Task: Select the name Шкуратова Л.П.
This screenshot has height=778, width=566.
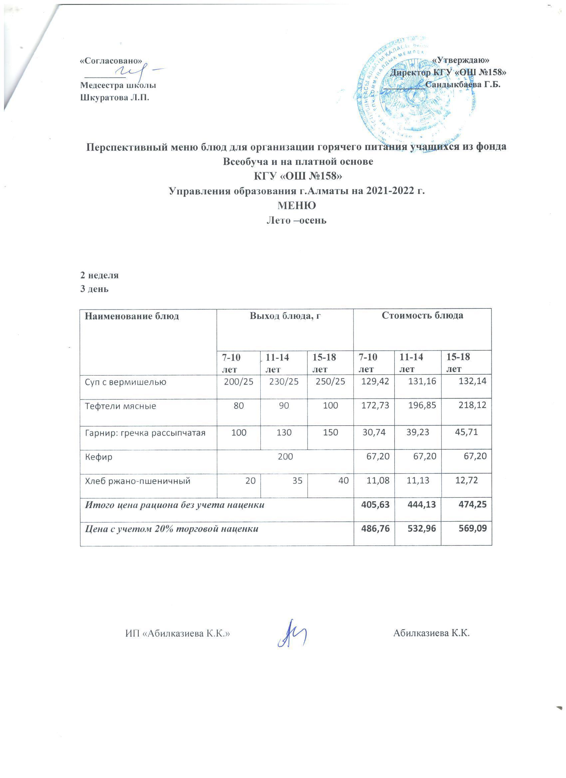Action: pos(115,98)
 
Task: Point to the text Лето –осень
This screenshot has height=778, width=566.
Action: pos(296,220)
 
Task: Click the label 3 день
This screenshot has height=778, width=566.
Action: pos(95,289)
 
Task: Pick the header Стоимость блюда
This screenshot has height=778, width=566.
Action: pos(422,315)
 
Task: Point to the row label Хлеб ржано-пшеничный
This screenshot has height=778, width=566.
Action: pos(138,481)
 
